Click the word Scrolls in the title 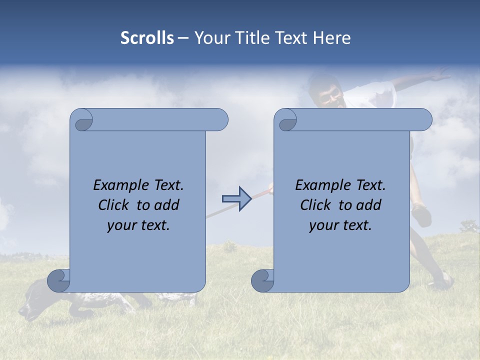(147, 38)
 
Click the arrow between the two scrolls (236, 198)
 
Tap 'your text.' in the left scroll (138, 225)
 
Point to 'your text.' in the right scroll (340, 225)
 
